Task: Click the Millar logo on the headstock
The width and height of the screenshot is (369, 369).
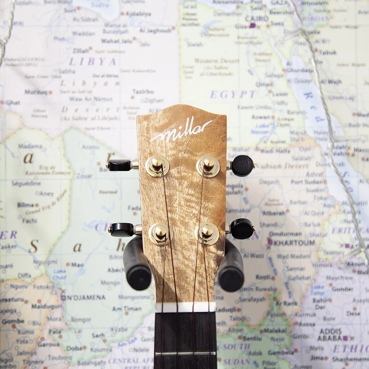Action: click(x=181, y=131)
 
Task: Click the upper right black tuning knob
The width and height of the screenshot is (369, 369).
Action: click(x=242, y=165)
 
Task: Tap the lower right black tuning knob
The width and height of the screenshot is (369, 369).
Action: click(x=242, y=229)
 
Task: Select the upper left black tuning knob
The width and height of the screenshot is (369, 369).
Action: click(x=119, y=165)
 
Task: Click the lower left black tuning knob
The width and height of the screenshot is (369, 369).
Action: click(x=122, y=229)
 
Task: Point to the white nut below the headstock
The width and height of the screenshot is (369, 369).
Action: click(x=185, y=307)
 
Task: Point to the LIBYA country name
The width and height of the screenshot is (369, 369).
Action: click(x=92, y=61)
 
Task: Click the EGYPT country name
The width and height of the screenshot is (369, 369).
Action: click(x=233, y=95)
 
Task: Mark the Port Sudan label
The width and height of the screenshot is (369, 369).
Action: click(x=306, y=182)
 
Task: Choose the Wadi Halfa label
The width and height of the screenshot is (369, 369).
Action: click(x=274, y=151)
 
